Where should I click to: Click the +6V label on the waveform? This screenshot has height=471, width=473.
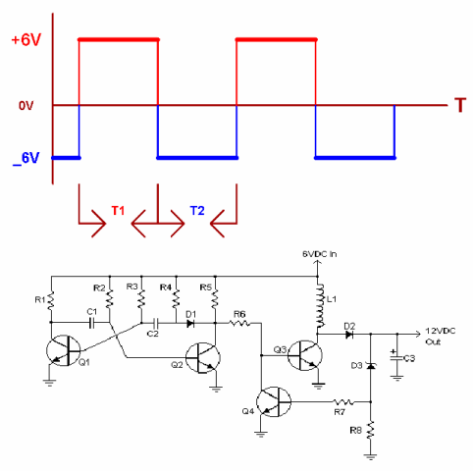[26, 40]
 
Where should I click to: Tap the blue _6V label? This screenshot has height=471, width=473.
[26, 159]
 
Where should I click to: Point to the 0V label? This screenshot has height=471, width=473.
[26, 106]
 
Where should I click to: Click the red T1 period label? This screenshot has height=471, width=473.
[118, 211]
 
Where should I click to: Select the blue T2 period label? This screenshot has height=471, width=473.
[197, 211]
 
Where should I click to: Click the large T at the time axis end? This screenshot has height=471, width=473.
[460, 105]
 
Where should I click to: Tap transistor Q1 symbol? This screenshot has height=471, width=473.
[64, 350]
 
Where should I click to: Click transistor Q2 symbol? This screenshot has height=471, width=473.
[203, 358]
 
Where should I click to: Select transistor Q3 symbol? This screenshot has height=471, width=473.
[305, 355]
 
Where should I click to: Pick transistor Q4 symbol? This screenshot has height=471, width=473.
[274, 401]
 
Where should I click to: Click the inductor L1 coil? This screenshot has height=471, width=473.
[320, 306]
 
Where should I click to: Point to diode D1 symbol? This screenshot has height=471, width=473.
[190, 324]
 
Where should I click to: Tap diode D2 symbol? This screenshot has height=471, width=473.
[349, 335]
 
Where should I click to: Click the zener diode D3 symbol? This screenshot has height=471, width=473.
[371, 366]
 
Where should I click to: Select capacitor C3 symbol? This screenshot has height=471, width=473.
[397, 358]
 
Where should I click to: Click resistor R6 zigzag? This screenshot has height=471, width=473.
[239, 324]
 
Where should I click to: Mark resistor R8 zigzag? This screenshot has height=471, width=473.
[371, 431]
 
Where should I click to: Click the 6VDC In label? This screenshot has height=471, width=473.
[319, 254]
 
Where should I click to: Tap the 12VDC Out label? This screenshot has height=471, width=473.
[441, 337]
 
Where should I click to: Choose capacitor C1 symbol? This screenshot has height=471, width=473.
[92, 324]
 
